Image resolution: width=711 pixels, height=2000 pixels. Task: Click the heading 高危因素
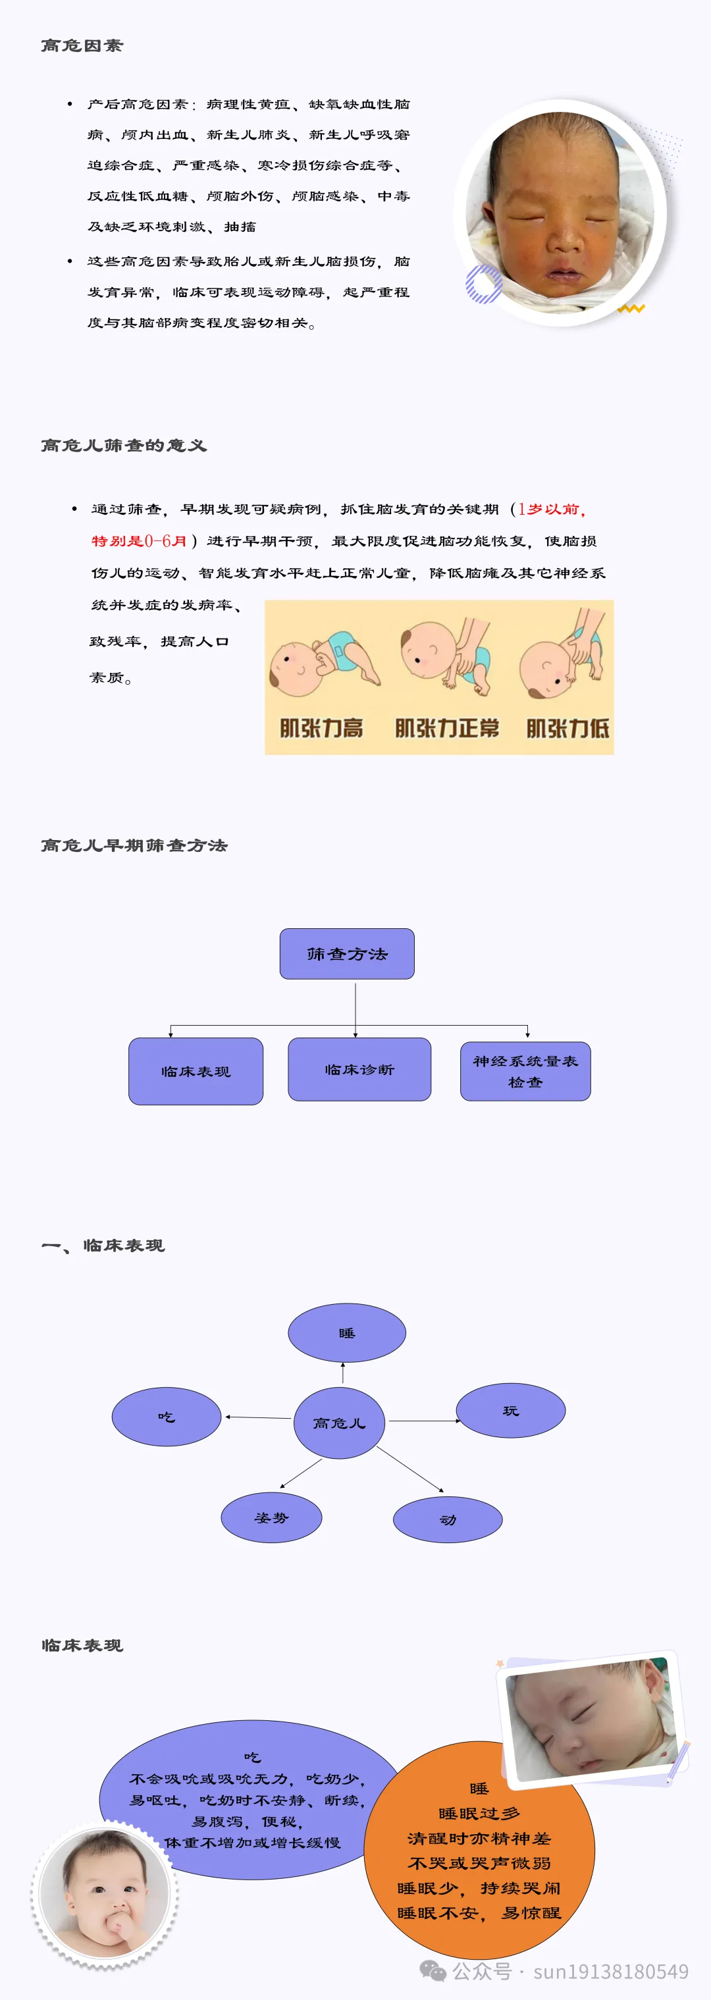click(x=82, y=46)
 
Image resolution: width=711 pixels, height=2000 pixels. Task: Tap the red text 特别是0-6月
click(x=139, y=541)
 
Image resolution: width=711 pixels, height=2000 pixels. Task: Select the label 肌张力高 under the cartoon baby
click(x=321, y=728)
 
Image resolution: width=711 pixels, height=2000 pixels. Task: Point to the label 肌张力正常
click(x=446, y=728)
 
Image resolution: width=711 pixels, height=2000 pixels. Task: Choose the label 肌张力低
click(x=567, y=728)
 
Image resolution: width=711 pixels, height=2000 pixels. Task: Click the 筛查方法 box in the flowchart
click(x=347, y=953)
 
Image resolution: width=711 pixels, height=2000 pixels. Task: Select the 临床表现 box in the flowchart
click(x=196, y=1072)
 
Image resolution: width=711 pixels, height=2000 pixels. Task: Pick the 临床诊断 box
click(x=359, y=1070)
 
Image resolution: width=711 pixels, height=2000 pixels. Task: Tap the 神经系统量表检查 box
click(x=525, y=1072)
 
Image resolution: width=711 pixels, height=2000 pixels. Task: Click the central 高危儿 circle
click(x=339, y=1423)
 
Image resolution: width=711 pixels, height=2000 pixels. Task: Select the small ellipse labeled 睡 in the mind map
click(x=347, y=1332)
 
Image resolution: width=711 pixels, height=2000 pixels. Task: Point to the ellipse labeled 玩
click(x=510, y=1410)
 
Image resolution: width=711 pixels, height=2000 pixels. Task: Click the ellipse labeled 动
click(x=448, y=1519)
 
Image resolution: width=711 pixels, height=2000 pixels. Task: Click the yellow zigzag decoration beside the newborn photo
click(x=631, y=309)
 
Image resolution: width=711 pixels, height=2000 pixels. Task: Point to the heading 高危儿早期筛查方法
click(x=134, y=845)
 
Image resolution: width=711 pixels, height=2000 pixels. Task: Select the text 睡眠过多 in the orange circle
click(x=479, y=1814)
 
